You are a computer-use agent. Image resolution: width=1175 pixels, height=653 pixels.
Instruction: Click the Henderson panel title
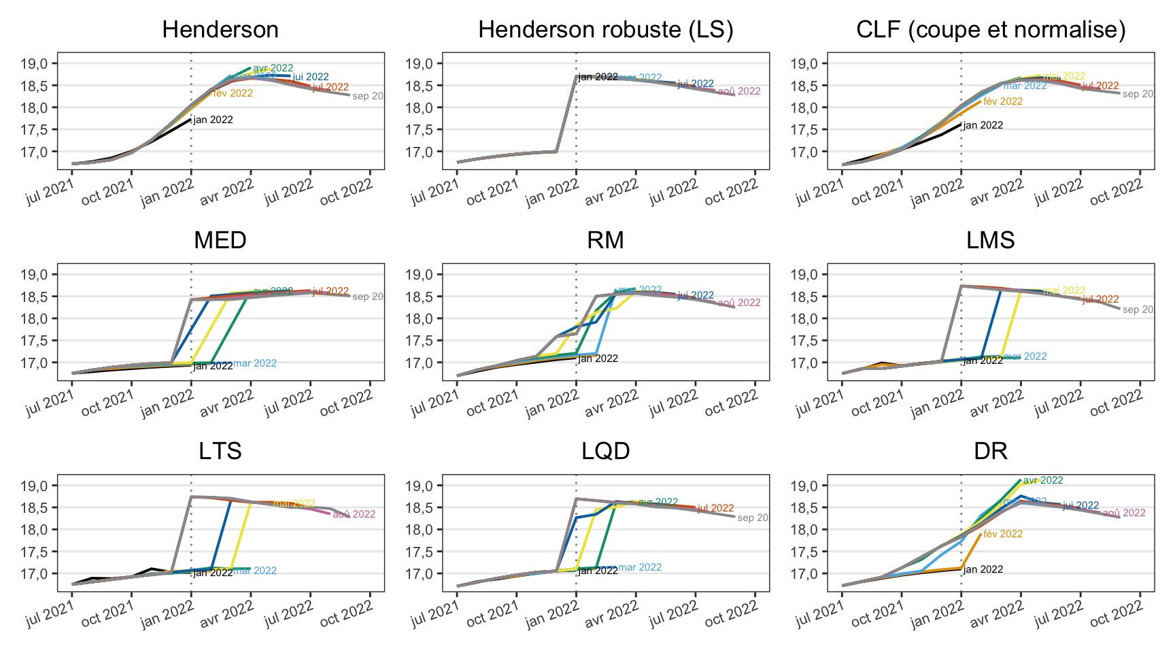[220, 30]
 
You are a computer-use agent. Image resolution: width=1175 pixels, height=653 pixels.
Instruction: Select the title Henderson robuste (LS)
[606, 30]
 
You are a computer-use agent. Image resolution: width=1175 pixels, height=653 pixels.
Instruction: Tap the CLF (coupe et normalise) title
[991, 30]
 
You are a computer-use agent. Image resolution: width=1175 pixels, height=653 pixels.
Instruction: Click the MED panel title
[220, 241]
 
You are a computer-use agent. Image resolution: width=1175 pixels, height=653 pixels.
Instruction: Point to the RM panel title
[606, 241]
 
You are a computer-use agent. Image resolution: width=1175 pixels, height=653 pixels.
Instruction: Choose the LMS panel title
[991, 241]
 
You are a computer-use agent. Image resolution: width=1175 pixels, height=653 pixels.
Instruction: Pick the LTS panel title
[220, 452]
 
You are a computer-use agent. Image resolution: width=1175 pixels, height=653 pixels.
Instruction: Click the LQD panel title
[606, 452]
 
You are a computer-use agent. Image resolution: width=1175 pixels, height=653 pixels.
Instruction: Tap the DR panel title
[991, 452]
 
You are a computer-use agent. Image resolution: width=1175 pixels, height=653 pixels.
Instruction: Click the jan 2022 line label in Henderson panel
[213, 120]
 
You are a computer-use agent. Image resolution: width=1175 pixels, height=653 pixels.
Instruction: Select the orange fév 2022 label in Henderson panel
[233, 93]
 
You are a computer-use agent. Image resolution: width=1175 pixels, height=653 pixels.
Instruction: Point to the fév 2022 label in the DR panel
[1003, 534]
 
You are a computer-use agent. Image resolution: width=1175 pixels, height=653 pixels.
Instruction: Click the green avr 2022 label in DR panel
[1043, 480]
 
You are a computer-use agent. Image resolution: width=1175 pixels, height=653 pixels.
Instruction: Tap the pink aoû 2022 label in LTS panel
[354, 514]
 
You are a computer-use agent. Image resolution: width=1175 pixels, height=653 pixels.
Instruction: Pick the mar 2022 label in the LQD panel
[640, 567]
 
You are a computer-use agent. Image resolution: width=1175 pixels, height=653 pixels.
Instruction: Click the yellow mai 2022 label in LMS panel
[1064, 290]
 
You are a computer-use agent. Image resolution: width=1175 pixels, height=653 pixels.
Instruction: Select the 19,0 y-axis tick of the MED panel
[35, 275]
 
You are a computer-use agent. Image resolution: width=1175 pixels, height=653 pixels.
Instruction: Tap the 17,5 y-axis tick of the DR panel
[806, 552]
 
